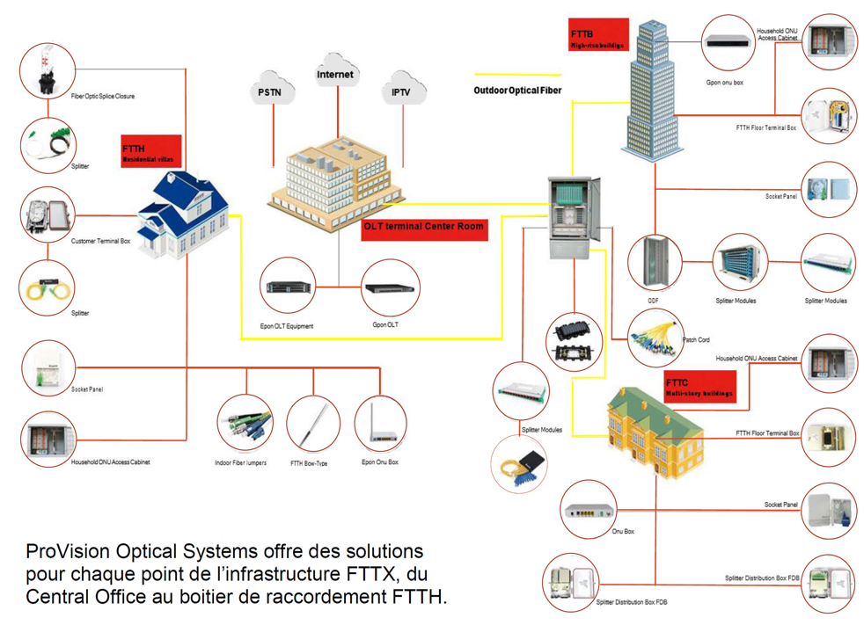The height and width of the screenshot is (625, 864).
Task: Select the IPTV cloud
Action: (401, 91)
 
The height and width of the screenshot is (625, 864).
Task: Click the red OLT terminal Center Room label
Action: (424, 228)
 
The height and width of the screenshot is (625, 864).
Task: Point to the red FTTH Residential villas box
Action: (151, 151)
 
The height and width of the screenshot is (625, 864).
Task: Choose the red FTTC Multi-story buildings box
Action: (699, 387)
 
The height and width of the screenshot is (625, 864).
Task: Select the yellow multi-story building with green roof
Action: (656, 436)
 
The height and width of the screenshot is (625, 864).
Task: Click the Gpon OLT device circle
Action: (391, 288)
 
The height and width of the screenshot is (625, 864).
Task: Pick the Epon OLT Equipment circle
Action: (288, 287)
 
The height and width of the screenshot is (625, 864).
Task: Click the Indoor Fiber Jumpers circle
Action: (245, 425)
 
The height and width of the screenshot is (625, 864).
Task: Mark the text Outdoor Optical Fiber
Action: (517, 91)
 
